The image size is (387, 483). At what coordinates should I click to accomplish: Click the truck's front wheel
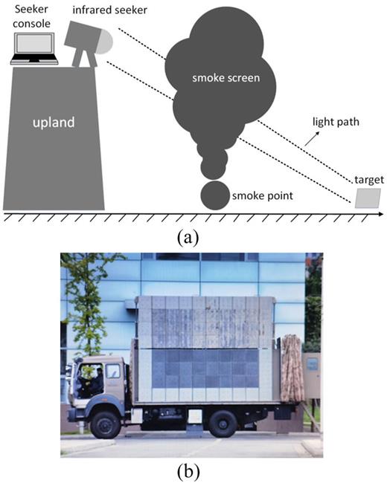coord(106,423)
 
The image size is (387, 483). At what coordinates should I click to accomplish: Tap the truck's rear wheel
coord(223,422)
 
